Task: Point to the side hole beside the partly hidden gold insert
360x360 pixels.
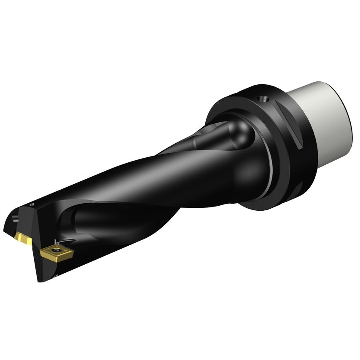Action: pyautogui.click(x=16, y=218)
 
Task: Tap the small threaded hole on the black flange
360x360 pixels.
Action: pyautogui.click(x=264, y=100)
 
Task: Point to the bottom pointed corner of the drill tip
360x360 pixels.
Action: pyautogui.click(x=39, y=280)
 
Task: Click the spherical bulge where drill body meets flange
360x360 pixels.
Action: pyautogui.click(x=249, y=169)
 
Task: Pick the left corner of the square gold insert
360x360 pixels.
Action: pyautogui.click(x=41, y=252)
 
